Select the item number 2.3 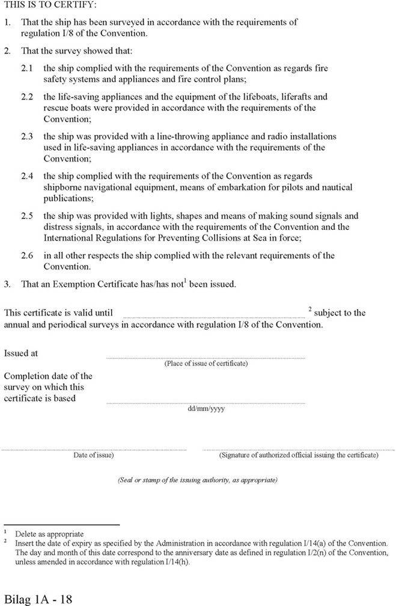[28, 137]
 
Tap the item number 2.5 [28, 216]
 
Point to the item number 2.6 [28, 256]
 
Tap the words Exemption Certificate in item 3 [105, 284]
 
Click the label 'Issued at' [21, 353]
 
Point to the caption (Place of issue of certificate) [206, 364]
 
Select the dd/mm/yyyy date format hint [206, 409]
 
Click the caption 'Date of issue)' [94, 455]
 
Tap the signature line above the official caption [298, 449]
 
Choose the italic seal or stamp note [197, 481]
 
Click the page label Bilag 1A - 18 [38, 598]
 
